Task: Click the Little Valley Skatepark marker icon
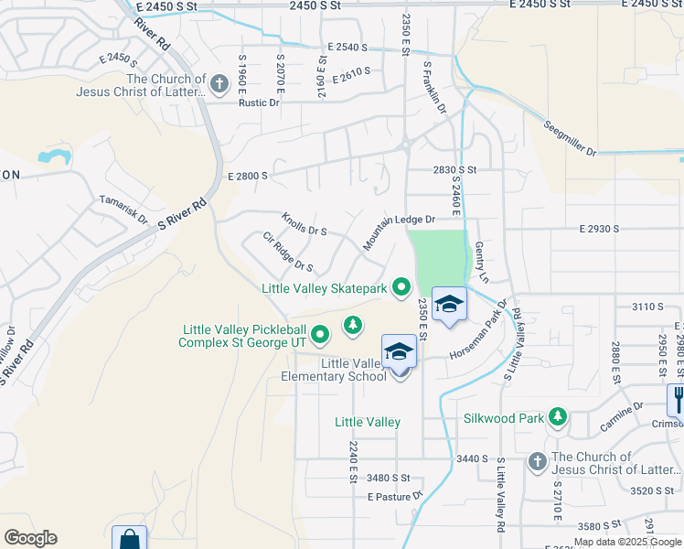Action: pyautogui.click(x=401, y=288)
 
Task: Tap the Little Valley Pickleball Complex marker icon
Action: pyautogui.click(x=319, y=336)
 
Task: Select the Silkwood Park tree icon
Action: pyautogui.click(x=557, y=418)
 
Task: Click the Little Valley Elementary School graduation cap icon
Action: pyautogui.click(x=400, y=352)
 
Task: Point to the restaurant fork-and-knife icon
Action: pyautogui.click(x=678, y=397)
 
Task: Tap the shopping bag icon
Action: pyautogui.click(x=129, y=538)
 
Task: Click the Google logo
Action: pyautogui.click(x=30, y=538)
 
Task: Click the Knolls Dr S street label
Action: pyautogui.click(x=304, y=224)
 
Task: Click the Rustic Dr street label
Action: pyautogui.click(x=259, y=102)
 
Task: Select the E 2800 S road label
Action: pyautogui.click(x=247, y=176)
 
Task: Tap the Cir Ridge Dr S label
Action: pyautogui.click(x=287, y=252)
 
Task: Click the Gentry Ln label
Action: pyautogui.click(x=482, y=262)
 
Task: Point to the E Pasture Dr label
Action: pyautogui.click(x=395, y=497)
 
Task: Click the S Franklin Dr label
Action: pyautogui.click(x=433, y=88)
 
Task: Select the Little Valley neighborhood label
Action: pyautogui.click(x=367, y=422)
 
